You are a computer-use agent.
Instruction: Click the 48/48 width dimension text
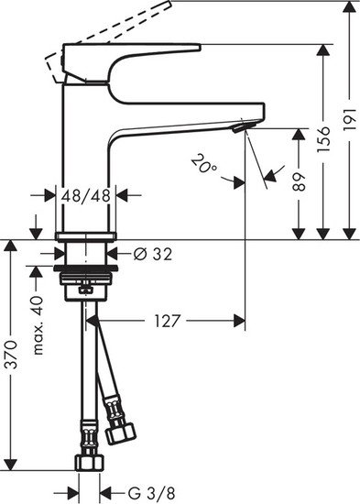point(85,195)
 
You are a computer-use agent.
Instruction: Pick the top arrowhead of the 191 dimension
point(348,8)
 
